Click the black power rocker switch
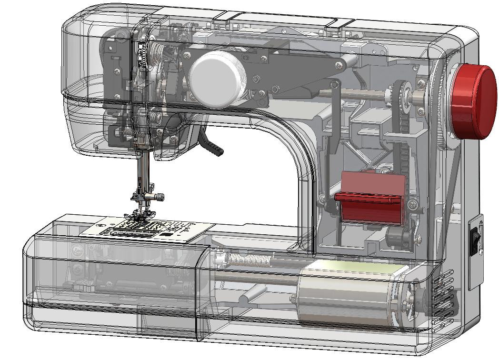(475, 240)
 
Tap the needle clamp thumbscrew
(160, 196)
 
